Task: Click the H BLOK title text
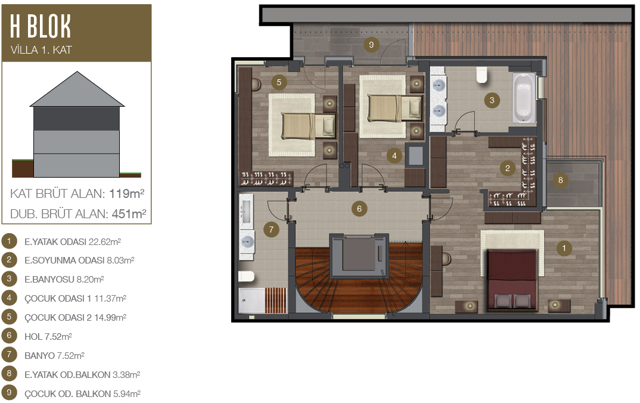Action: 41,26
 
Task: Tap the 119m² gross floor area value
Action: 126,193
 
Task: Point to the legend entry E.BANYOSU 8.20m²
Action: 64,279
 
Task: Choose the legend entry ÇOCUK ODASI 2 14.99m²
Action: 75,317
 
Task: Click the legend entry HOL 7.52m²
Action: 48,336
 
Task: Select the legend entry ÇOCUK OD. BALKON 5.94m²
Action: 82,393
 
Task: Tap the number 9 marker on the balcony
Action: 371,45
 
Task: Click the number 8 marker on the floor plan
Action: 560,180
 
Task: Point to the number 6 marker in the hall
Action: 359,209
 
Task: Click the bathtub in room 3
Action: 524,98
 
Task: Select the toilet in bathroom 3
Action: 482,75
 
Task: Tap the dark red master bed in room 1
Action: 512,280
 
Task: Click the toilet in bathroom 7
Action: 247,276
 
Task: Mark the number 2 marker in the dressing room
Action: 507,168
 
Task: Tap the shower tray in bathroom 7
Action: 263,301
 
